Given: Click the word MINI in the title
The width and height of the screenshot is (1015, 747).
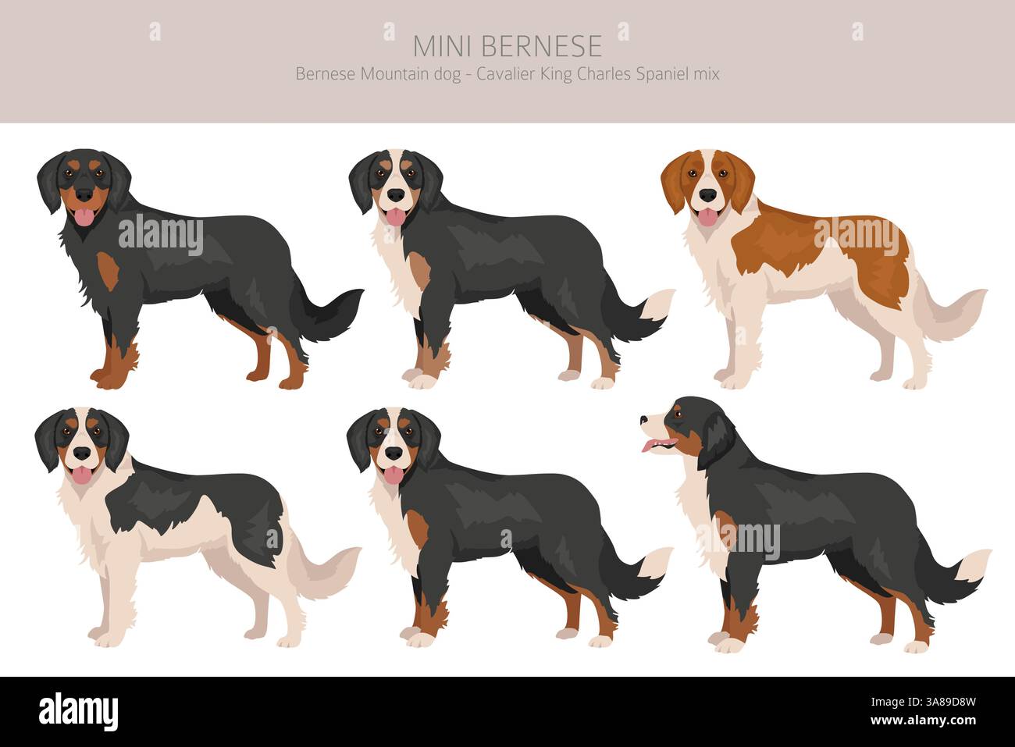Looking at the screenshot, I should (x=443, y=46).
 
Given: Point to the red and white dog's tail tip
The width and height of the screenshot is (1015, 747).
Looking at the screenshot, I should (x=972, y=301).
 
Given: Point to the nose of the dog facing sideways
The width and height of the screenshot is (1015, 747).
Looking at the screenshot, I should (x=643, y=420).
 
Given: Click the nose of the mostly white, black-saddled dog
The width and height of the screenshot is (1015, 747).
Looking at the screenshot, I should (x=80, y=452).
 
